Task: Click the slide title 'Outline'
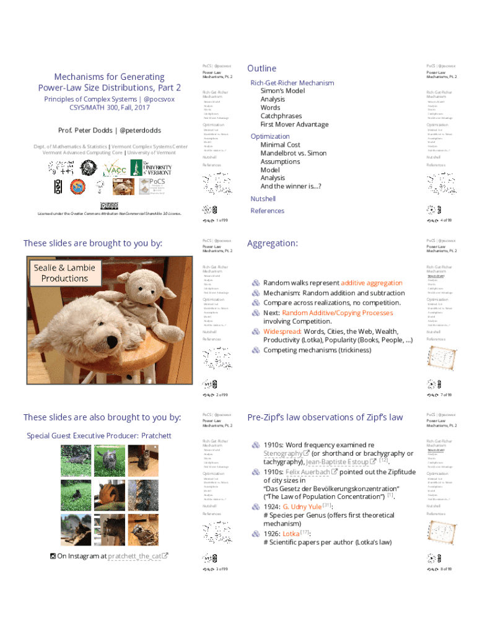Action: (x=261, y=68)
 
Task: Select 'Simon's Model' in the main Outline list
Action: (x=282, y=90)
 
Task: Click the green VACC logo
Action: (x=115, y=168)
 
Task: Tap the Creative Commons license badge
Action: (x=109, y=205)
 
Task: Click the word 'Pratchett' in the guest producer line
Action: (x=156, y=436)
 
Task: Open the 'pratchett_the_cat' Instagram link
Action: (x=134, y=556)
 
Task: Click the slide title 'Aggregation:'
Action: (x=272, y=243)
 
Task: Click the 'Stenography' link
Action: (x=284, y=453)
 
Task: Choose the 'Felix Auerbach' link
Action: (x=307, y=471)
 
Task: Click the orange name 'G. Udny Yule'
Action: (x=302, y=506)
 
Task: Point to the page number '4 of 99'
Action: (x=445, y=220)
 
